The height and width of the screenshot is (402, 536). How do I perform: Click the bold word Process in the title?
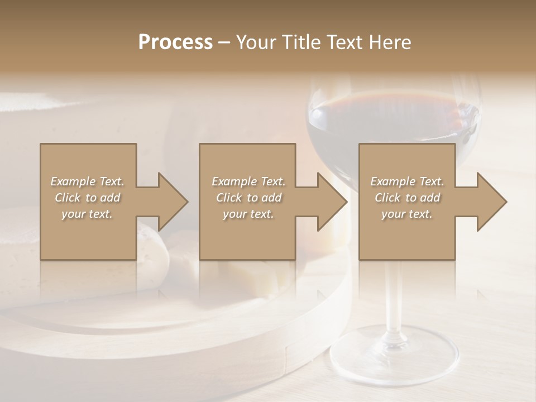[x=175, y=42]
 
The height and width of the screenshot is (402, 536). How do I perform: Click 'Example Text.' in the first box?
[x=87, y=181]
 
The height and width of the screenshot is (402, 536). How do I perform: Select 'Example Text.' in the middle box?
[x=248, y=181]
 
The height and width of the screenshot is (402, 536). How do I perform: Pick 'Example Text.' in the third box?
[x=407, y=181]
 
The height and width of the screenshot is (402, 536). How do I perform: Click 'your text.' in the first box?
[x=87, y=214]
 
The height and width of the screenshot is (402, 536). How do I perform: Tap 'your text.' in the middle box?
[x=248, y=214]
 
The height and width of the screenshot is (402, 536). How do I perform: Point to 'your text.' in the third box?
[x=407, y=214]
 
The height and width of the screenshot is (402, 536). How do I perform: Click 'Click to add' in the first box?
[x=87, y=198]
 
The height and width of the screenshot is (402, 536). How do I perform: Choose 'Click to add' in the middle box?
[x=248, y=198]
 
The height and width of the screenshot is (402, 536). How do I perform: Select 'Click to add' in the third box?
[x=407, y=198]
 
